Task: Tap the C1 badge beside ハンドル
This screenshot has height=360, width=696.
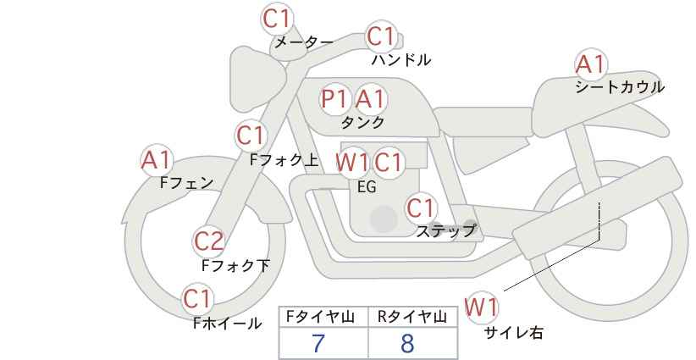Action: coord(381,36)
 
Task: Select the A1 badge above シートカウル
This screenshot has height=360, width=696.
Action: coord(590,64)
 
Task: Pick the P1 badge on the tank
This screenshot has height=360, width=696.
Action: coord(335,99)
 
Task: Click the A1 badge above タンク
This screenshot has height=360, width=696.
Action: coord(370,99)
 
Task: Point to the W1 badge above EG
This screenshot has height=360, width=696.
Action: coord(352,162)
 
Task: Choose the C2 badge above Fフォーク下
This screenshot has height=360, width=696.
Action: coord(208,242)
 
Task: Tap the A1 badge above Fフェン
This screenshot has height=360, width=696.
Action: coord(156,159)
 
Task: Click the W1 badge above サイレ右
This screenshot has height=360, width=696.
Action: coord(482,307)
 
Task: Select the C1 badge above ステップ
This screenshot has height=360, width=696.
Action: coord(420,208)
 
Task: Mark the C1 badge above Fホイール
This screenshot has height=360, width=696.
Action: coord(198,298)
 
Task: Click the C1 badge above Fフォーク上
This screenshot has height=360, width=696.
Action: coord(251,135)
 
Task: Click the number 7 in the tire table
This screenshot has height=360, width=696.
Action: coord(318,344)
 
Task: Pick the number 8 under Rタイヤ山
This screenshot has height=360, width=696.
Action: coord(408,344)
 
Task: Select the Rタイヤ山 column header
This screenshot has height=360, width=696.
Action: coord(412,318)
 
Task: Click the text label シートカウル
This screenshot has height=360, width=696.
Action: coord(620,86)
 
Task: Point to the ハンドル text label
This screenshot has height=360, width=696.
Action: coord(401,60)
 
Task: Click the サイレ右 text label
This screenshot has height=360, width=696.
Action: coord(514,333)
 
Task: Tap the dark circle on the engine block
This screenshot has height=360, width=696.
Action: coord(384,219)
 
